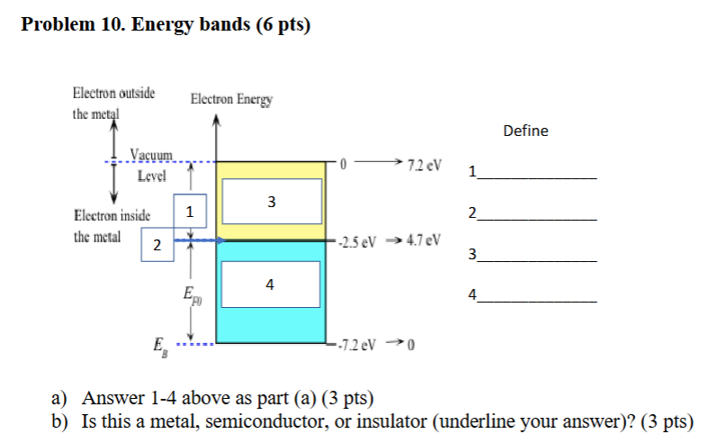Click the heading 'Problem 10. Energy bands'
pyautogui.click(x=165, y=25)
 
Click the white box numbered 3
pyautogui.click(x=271, y=200)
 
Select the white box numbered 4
pyautogui.click(x=271, y=284)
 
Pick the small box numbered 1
pyautogui.click(x=189, y=212)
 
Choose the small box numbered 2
pyautogui.click(x=157, y=245)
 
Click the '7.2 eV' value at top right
pyautogui.click(x=424, y=167)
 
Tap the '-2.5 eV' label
pyautogui.click(x=358, y=241)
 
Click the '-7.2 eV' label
pyautogui.click(x=358, y=345)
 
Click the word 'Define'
pyautogui.click(x=525, y=131)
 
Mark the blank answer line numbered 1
pyautogui.click(x=538, y=177)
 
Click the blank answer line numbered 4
pyautogui.click(x=538, y=301)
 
